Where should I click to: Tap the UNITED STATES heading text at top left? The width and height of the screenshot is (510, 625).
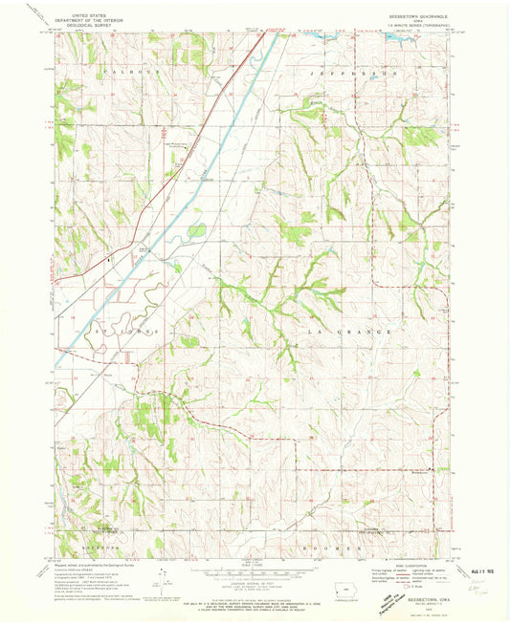coord(84,14)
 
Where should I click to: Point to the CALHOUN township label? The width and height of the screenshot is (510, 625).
coord(120,72)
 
